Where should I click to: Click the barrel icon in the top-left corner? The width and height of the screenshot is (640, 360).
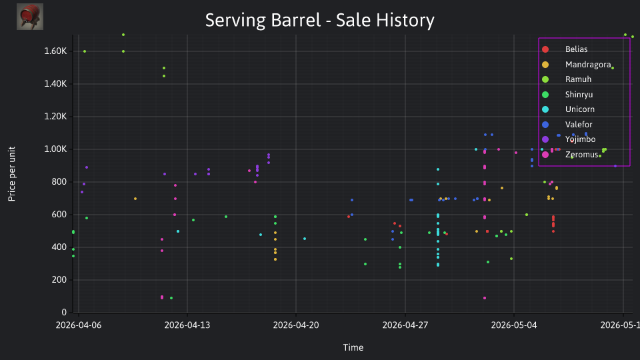coord(30,17)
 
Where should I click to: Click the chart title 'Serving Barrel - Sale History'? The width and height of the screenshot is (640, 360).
coord(319,20)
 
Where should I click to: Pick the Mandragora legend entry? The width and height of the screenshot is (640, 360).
coord(576,65)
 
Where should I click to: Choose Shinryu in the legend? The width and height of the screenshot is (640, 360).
coord(567,95)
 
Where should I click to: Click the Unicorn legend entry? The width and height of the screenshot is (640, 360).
coord(568,109)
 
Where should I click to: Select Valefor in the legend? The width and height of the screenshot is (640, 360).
coord(567,125)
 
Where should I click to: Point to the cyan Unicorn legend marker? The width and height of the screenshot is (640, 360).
coord(545,109)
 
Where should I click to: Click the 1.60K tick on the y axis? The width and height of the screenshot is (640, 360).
coord(55,51)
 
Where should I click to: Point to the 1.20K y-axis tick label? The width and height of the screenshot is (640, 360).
coord(55,116)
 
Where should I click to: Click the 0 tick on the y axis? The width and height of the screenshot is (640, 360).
coord(64,312)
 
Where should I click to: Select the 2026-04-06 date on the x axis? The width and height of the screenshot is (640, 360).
coord(79,325)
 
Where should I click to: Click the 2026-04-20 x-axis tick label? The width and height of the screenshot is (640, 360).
coord(296,325)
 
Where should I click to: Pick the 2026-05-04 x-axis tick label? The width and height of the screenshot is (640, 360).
coord(514,325)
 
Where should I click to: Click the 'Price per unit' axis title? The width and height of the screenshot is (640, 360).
coord(12,174)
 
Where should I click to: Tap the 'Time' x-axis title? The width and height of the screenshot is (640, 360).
coord(353,347)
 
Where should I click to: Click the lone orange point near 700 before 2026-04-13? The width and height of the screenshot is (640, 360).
coord(135,199)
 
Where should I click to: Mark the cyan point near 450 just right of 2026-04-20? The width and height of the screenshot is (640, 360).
coord(305,239)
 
